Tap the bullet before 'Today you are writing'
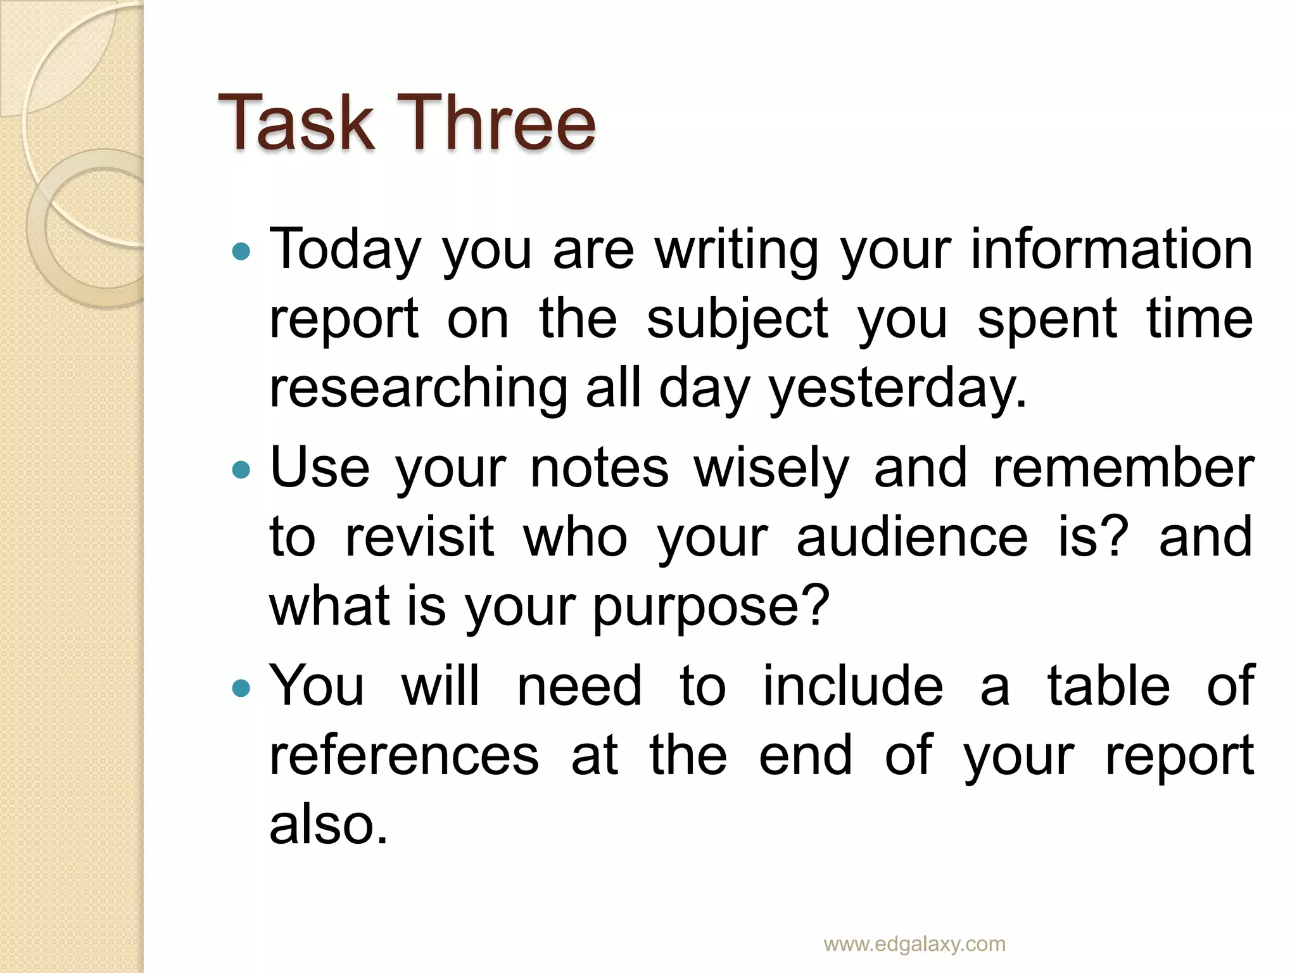(x=241, y=252)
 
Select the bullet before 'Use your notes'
(x=241, y=470)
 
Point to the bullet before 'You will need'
(x=241, y=688)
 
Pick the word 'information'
(x=1111, y=249)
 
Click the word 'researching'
(x=419, y=388)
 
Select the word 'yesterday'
(x=897, y=388)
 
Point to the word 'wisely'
(x=771, y=469)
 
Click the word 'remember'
(x=1123, y=469)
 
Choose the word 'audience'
(x=912, y=538)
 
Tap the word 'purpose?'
(x=711, y=607)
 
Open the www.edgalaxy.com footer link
(x=914, y=944)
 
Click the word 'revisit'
(x=419, y=538)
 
